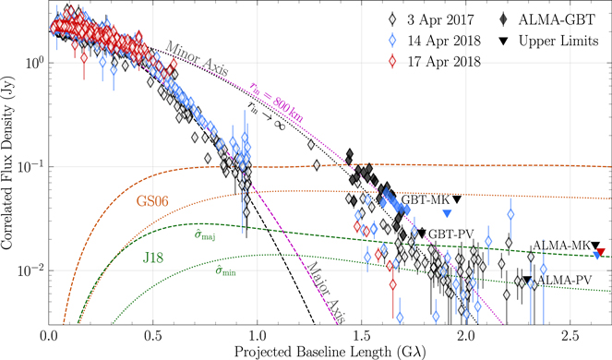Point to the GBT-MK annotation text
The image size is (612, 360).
tap(426, 198)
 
